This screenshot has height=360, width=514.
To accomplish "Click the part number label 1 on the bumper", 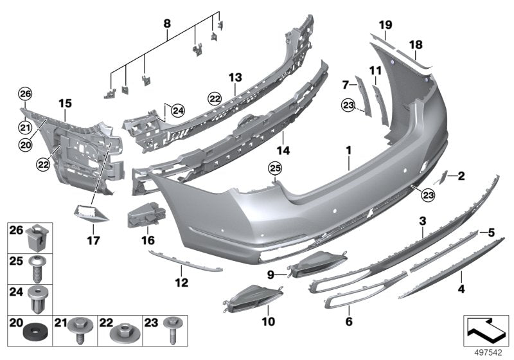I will [348, 151].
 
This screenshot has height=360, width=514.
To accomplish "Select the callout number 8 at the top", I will [166, 24].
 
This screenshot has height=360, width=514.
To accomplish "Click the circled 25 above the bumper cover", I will [274, 169].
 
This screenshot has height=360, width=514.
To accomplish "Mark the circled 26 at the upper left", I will [24, 94].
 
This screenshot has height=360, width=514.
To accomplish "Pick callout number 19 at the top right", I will [385, 25].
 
